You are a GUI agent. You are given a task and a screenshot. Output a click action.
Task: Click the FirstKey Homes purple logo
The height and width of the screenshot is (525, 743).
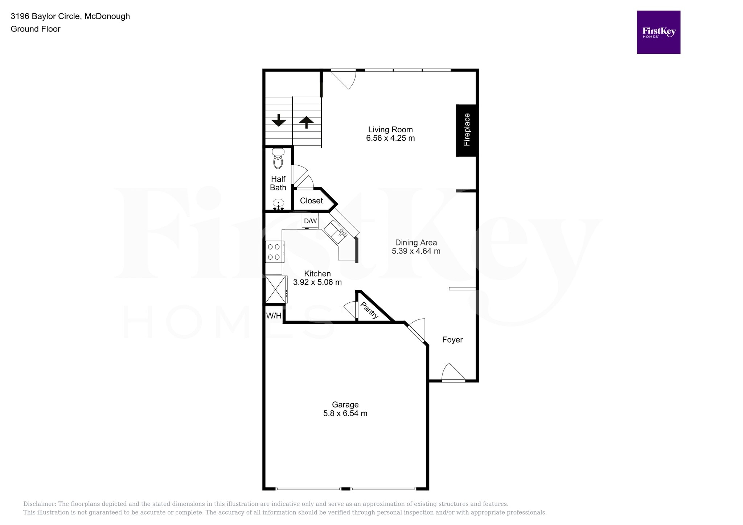point(658,32)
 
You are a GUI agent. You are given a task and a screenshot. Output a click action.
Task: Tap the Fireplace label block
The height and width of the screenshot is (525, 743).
point(467,130)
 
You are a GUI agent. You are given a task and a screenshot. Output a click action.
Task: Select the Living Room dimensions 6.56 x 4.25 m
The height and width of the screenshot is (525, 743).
point(390,138)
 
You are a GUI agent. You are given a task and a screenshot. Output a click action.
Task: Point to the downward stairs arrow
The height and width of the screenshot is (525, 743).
point(279,120)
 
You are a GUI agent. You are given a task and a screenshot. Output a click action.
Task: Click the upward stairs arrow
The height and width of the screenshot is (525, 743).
point(306,122)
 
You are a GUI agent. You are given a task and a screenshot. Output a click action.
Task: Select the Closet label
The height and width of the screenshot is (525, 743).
point(311,201)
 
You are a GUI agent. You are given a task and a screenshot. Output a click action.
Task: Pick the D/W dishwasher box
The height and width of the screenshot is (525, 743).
point(310,221)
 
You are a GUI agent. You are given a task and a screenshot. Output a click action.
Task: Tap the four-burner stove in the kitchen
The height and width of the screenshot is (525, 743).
point(274,252)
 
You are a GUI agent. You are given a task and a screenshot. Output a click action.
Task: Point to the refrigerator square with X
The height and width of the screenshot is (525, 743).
point(276,289)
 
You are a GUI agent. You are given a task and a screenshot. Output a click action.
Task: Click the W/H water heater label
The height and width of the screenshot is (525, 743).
point(274,316)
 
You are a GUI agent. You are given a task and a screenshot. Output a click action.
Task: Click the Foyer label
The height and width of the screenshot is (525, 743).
point(452,340)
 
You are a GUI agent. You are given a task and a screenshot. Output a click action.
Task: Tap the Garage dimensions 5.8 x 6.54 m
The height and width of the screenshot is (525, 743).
point(345,413)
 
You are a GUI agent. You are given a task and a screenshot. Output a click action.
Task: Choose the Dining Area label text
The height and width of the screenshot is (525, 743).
point(416,243)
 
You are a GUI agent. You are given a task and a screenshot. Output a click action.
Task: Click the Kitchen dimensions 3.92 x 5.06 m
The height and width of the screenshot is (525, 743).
point(317,282)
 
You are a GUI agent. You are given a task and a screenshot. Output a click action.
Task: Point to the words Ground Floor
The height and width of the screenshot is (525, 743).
point(36,29)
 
